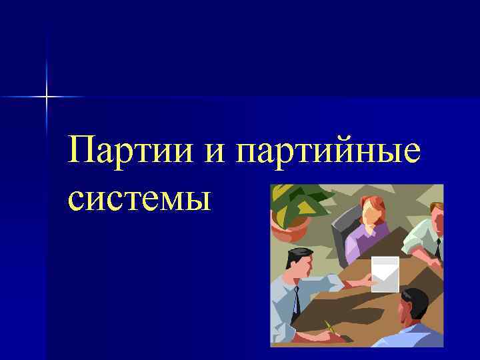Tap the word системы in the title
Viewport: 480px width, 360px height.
pos(139,198)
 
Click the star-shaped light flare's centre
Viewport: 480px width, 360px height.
pos(46,97)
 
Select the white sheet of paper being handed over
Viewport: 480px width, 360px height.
pos(385,273)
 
